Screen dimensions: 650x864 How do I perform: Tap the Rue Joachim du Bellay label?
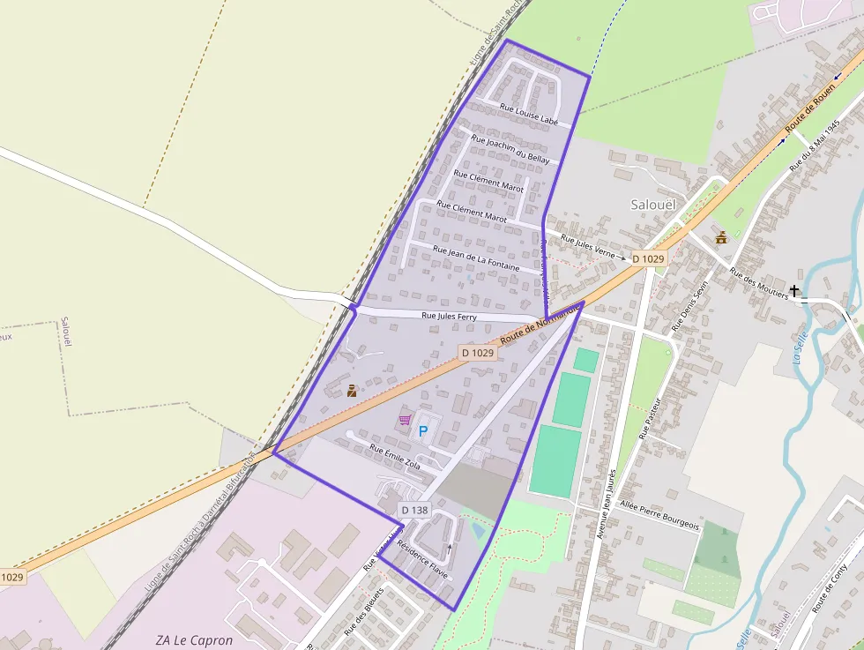(x=510, y=149)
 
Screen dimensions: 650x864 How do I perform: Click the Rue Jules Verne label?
(x=587, y=243)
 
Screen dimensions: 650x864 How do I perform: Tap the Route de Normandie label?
(x=540, y=325)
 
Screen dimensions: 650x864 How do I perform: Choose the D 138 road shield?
(x=413, y=510)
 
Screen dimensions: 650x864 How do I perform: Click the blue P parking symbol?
(x=422, y=431)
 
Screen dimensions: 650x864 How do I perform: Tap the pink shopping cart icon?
(x=405, y=420)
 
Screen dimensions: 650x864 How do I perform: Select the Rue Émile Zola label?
(x=396, y=458)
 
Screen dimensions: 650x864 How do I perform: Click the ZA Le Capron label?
(x=195, y=640)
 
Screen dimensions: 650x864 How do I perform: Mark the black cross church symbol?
(x=794, y=290)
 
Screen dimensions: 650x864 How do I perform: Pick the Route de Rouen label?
(x=810, y=114)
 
